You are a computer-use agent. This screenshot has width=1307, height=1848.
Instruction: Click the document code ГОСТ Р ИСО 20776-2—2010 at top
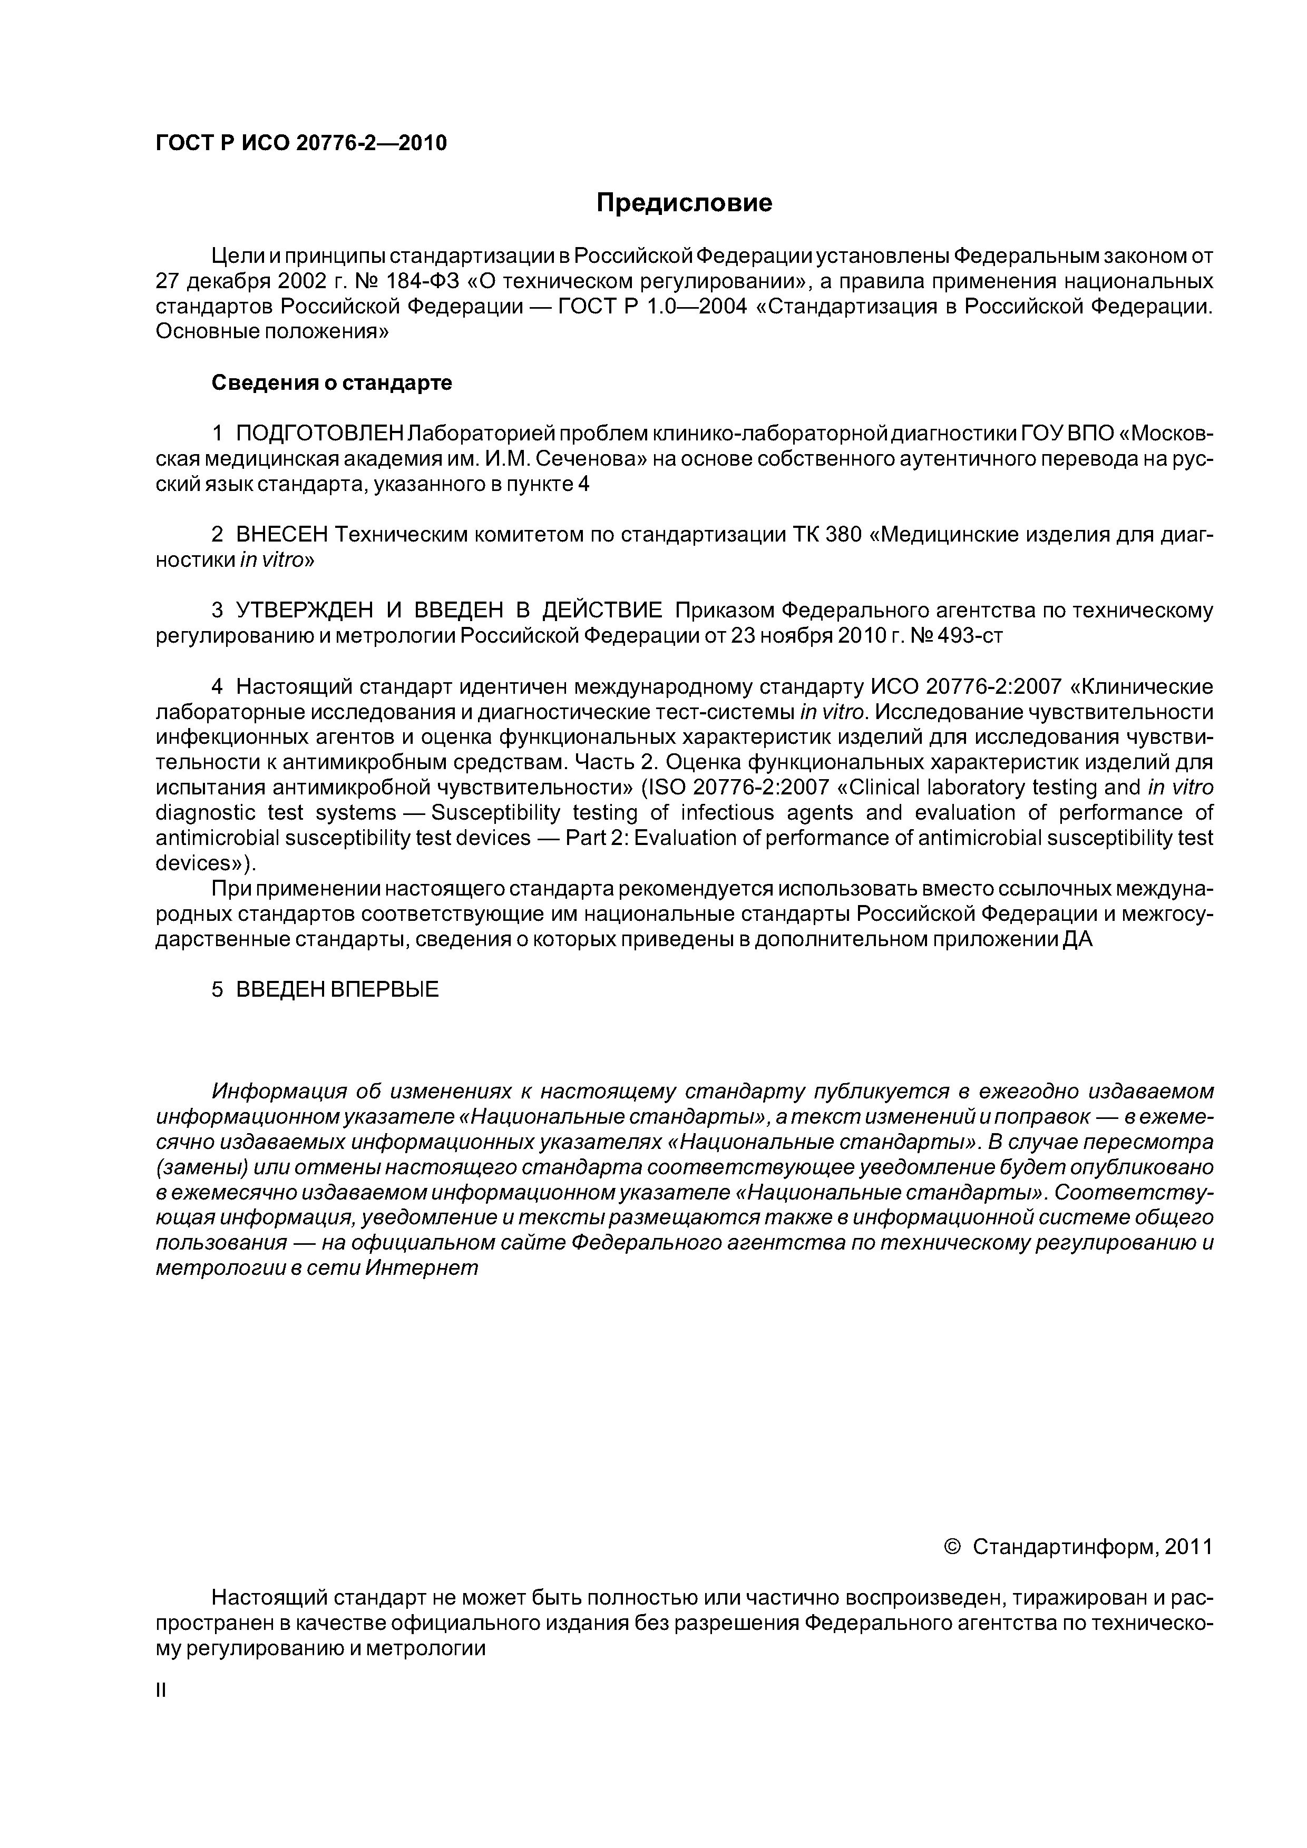tap(300, 143)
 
